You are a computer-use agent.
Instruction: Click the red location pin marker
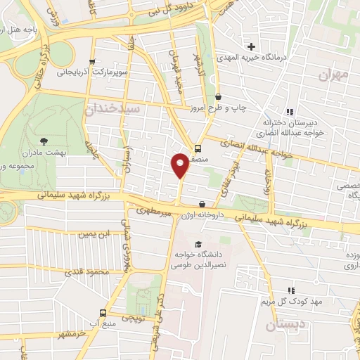tap(180, 165)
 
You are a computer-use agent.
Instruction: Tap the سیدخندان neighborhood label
tap(112, 110)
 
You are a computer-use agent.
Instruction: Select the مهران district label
tap(333, 75)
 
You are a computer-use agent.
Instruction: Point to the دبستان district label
tap(286, 325)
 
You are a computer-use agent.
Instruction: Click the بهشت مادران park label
tap(33, 153)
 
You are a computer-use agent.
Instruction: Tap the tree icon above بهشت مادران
tap(44, 141)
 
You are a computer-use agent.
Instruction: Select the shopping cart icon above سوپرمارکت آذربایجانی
tap(93, 60)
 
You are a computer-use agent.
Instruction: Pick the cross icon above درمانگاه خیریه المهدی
tap(251, 46)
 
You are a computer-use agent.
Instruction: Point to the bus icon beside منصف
tap(198, 148)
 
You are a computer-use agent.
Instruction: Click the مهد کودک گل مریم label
tap(288, 302)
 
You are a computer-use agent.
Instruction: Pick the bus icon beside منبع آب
tap(103, 314)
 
